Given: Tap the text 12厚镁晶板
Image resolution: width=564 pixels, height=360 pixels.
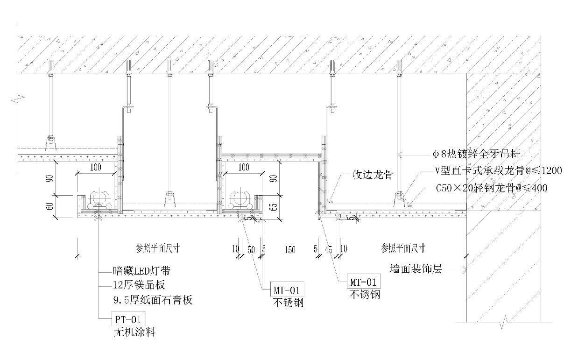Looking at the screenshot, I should (x=139, y=285).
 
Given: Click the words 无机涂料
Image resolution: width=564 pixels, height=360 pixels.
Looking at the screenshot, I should (x=134, y=332).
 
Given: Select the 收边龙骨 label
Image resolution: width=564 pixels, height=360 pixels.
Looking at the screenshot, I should (x=372, y=176).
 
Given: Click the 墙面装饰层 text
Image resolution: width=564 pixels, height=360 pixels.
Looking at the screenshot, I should (x=416, y=269).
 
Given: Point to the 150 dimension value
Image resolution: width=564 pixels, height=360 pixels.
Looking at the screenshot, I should (x=289, y=250).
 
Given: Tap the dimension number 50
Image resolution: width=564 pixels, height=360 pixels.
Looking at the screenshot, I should (x=251, y=250).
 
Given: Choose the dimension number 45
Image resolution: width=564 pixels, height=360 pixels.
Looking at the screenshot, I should (x=328, y=250).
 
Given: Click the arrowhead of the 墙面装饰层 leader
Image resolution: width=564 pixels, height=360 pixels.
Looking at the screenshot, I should (x=463, y=269).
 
